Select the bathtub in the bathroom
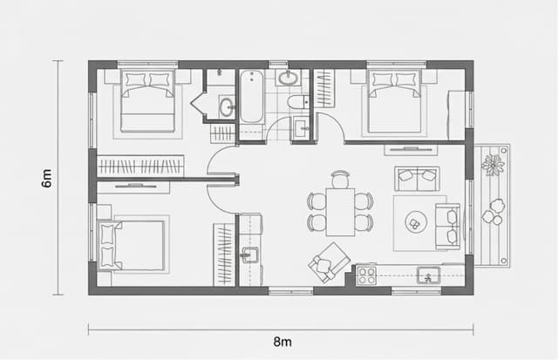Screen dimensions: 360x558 (251, 98)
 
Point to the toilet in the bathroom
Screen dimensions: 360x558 (297, 103)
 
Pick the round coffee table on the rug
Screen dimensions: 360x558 (414, 224)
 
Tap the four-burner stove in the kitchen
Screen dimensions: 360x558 (365, 275)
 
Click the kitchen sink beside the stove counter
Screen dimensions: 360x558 (429, 276)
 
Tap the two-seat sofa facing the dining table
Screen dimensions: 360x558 (417, 178)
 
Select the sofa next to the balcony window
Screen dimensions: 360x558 (448, 226)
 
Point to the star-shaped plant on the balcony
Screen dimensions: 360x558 (493, 164)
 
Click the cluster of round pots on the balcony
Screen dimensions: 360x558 (494, 212)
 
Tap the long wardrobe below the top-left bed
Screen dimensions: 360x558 (140, 166)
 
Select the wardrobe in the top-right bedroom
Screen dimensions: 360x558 (324, 88)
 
